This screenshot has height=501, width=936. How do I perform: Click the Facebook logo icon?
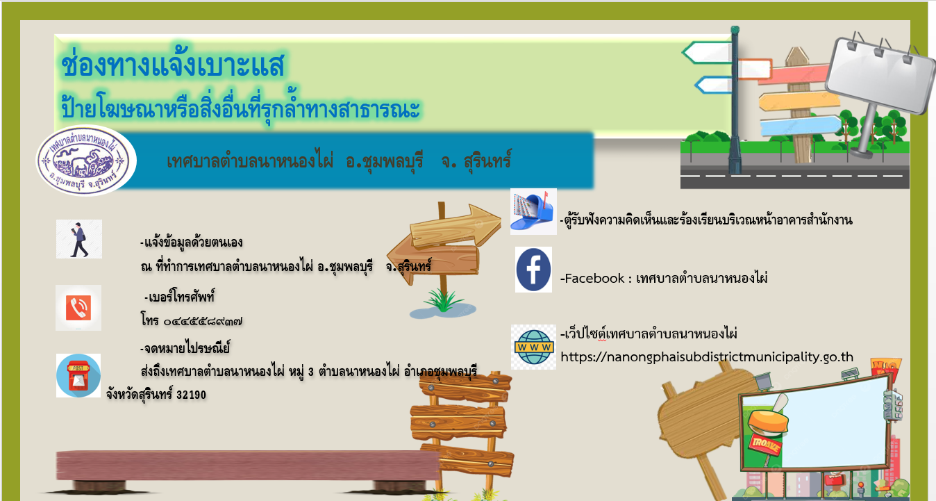pos(533,270)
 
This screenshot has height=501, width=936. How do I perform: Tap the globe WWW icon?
pos(533,347)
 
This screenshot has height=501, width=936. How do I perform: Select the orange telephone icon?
pos(78,308)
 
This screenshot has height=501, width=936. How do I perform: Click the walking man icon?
pos(79,239)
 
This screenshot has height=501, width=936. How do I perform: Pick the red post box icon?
pos(78,375)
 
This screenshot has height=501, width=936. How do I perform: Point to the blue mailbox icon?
pos(533,211)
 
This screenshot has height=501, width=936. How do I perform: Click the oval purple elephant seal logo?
pos(86,161)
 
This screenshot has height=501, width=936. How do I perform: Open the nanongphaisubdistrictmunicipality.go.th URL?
pos(707,356)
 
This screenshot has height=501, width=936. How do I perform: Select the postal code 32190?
pos(192,395)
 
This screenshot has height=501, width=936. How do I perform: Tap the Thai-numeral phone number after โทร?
pos(203,322)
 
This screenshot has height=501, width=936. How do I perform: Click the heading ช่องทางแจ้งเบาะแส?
pos(173,65)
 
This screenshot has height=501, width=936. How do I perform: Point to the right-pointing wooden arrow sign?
pos(456,226)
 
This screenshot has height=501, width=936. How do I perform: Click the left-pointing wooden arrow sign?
pos(433,260)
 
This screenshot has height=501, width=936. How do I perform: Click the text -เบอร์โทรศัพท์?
pos(179,297)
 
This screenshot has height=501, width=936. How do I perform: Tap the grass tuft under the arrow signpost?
pos(443,301)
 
